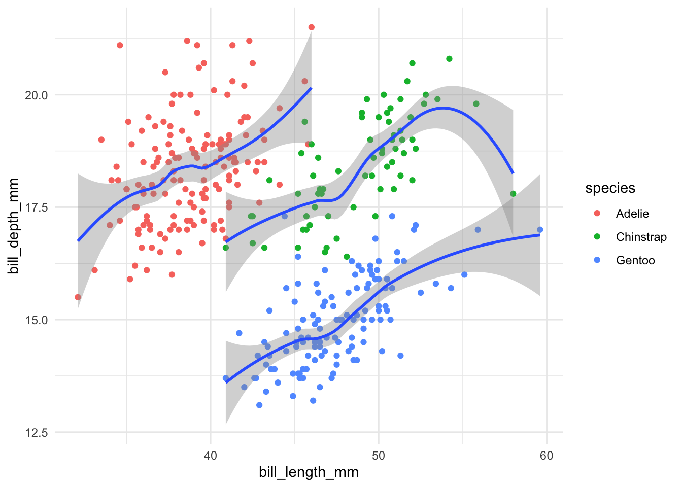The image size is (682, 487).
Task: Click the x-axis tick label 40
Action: [x=210, y=455]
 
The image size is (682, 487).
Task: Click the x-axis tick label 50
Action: [x=378, y=455]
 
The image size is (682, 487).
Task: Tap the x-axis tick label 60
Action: [x=547, y=455]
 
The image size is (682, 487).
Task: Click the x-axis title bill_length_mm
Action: [x=309, y=472]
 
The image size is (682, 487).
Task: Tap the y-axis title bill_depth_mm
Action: [x=14, y=226]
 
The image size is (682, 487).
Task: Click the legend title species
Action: [x=610, y=188]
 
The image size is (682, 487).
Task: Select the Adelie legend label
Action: [x=632, y=214]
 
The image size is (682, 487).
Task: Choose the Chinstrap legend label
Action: [x=641, y=237]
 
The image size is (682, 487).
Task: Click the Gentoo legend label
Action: [x=635, y=260]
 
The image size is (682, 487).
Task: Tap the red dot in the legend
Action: [x=597, y=214]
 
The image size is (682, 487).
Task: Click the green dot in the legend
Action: [x=597, y=237]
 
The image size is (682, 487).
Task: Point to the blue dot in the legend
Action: [x=597, y=260]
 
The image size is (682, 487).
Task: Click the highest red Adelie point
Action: [x=311, y=27]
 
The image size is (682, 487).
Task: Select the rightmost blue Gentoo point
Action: [x=540, y=230]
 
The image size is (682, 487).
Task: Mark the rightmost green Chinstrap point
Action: [x=513, y=194]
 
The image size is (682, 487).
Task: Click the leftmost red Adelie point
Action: [x=78, y=297]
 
